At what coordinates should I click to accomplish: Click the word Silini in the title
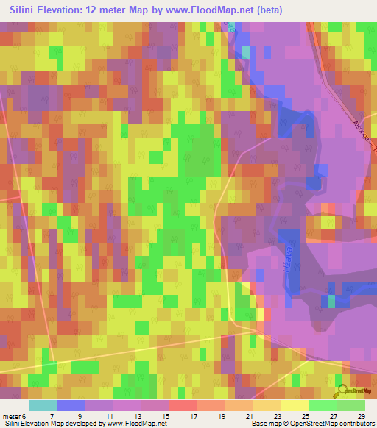(x=27, y=10)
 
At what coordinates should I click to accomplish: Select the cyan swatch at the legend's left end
(x=43, y=405)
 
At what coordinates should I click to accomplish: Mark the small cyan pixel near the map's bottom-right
(x=331, y=302)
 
